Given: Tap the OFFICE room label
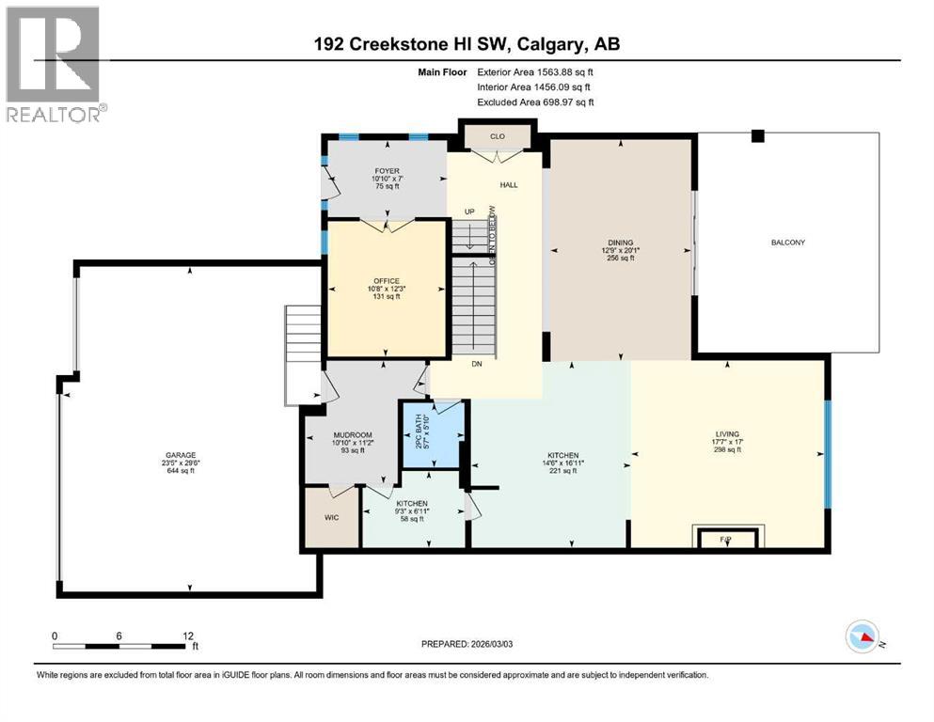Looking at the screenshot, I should (x=386, y=281).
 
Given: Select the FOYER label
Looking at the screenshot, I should (x=386, y=171).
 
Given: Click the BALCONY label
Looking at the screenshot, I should (x=787, y=243).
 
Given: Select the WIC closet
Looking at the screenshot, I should (x=331, y=517).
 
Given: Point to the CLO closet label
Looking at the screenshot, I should (x=498, y=136).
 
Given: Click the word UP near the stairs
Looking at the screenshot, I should (x=469, y=212).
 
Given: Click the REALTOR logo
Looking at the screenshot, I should (x=55, y=64).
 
